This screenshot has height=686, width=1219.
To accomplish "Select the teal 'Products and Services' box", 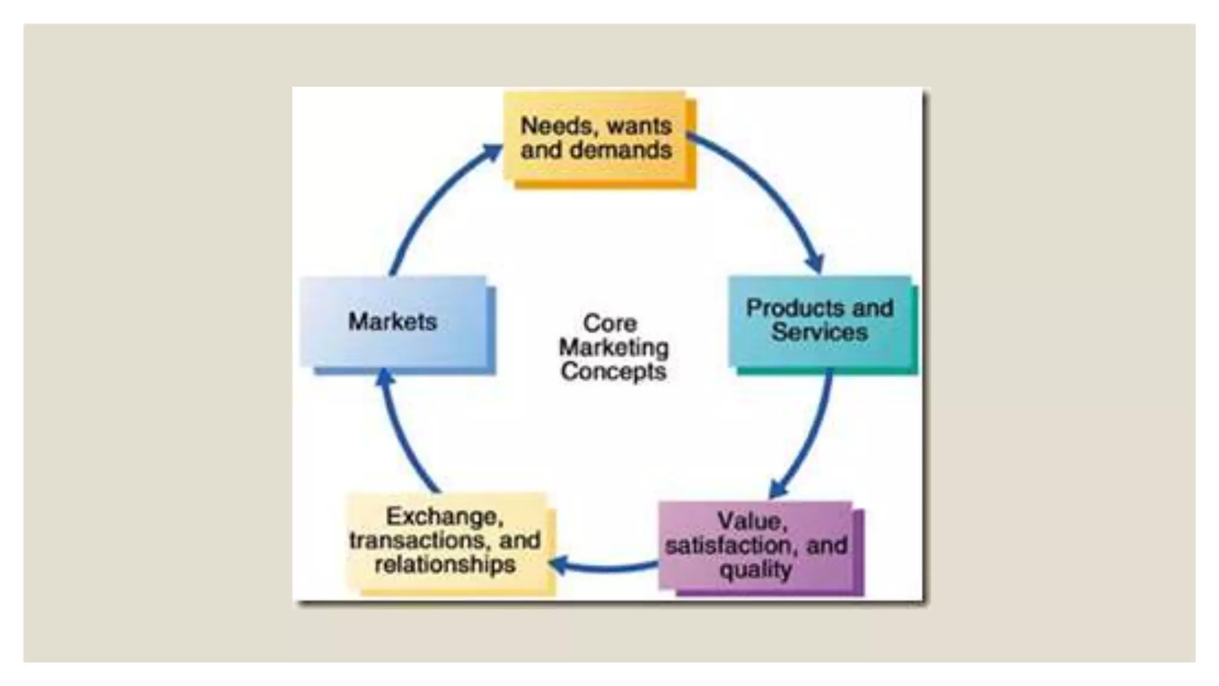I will click(x=820, y=322).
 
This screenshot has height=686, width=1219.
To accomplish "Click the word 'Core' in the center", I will click(x=610, y=323).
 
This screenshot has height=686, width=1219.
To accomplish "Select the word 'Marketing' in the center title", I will click(x=614, y=347).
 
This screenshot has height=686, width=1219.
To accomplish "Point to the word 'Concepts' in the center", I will click(x=613, y=372).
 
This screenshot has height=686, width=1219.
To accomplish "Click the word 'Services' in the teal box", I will click(x=820, y=332).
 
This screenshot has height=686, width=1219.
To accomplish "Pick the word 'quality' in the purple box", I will click(x=755, y=570).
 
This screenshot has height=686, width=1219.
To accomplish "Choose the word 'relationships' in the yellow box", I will click(x=445, y=565).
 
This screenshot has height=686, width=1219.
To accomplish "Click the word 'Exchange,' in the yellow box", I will click(x=445, y=516).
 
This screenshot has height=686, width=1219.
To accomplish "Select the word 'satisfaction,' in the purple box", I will click(x=731, y=545).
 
